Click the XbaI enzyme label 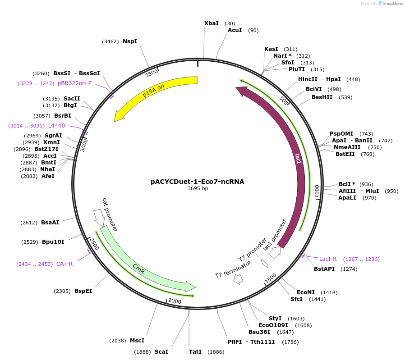point(211,23)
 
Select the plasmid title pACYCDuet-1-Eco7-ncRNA point(198,182)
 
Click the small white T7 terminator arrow point(238,279)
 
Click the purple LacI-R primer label point(328,259)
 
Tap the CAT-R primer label point(64,264)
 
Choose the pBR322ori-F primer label point(75,83)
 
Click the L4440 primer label point(57,126)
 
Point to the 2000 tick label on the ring point(174,301)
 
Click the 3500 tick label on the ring point(152,73)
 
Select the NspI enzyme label point(130,41)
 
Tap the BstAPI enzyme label point(324,269)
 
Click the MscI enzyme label point(137,341)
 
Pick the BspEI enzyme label point(83,291)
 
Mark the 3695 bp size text point(198,189)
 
